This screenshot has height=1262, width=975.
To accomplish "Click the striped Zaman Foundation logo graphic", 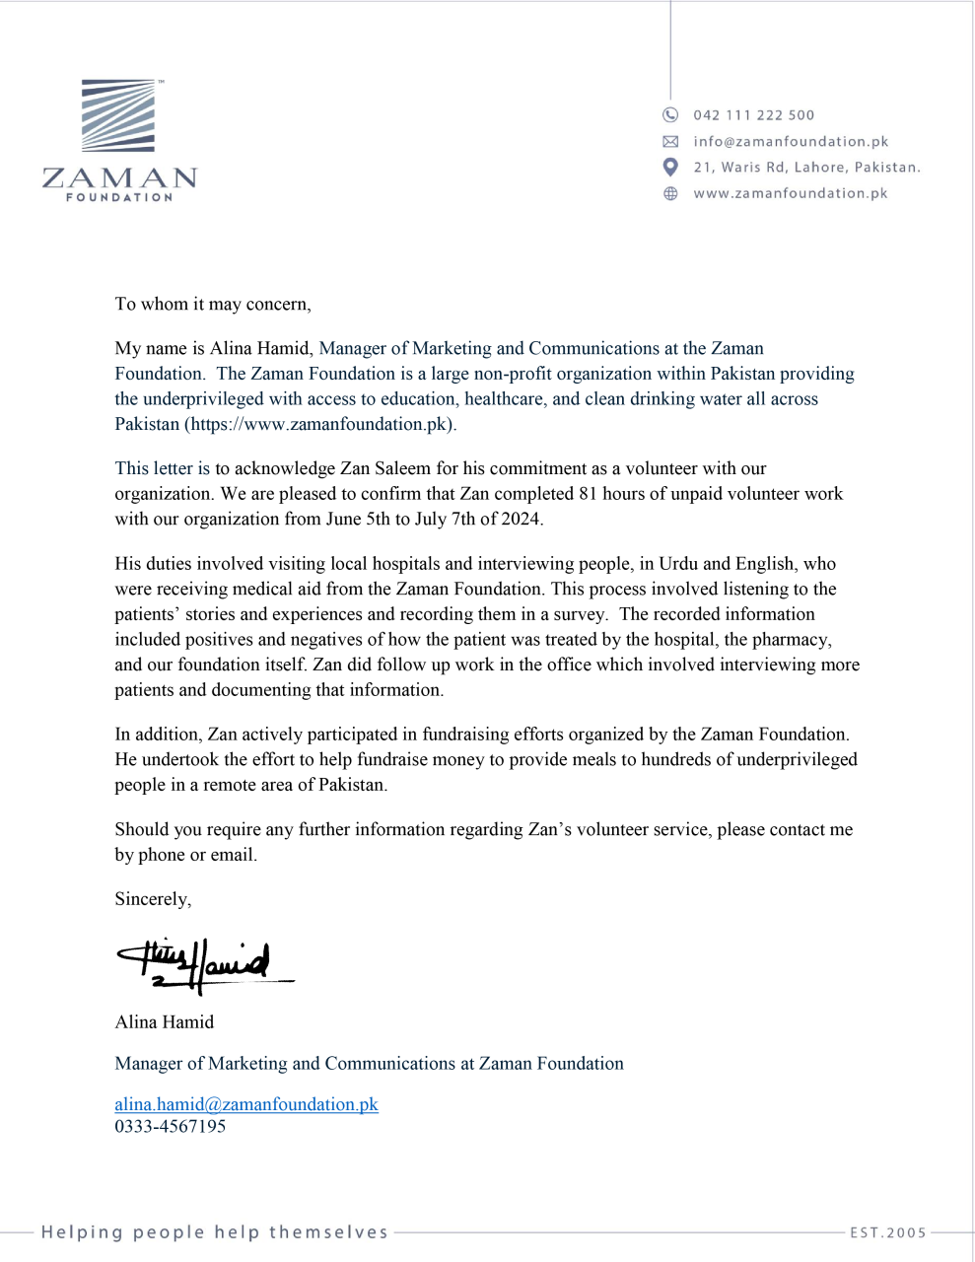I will [x=118, y=116].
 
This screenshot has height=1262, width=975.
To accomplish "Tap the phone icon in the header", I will [x=670, y=114].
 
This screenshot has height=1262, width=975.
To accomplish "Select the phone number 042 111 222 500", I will [x=754, y=115].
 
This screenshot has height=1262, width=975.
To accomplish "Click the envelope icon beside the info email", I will [x=670, y=141].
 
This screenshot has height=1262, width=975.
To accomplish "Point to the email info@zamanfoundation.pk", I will [x=791, y=141].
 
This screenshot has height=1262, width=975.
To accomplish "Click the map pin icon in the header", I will [x=670, y=167].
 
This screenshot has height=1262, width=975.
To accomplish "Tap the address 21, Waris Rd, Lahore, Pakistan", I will [x=806, y=168].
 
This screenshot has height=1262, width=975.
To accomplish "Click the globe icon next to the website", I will [x=670, y=193].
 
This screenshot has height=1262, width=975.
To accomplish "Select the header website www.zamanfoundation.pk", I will [x=791, y=193].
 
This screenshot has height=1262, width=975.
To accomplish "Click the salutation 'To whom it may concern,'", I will [x=213, y=304].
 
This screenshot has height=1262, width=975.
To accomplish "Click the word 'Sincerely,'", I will [x=153, y=899].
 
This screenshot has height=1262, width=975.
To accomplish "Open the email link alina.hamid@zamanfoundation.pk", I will [x=246, y=1104].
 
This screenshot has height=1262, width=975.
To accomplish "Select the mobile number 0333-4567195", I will [x=171, y=1126].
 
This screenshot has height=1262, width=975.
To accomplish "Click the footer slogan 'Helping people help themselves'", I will [x=215, y=1232].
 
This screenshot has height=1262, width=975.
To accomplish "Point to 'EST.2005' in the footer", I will [x=888, y=1232].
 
